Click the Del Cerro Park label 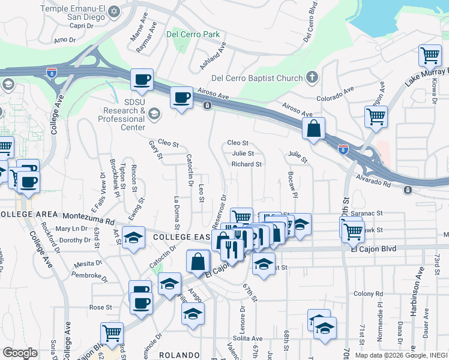(x=193, y=34)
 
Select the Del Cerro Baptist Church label (x=256, y=78)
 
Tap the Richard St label (x=247, y=164)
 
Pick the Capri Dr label (x=83, y=26)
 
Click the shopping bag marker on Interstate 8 (x=313, y=128)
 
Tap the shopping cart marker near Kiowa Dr (x=430, y=56)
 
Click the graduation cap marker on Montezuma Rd (x=133, y=237)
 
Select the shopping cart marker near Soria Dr (x=112, y=333)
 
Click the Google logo (x=20, y=353)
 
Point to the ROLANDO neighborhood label (x=179, y=355)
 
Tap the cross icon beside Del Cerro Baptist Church (x=311, y=77)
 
